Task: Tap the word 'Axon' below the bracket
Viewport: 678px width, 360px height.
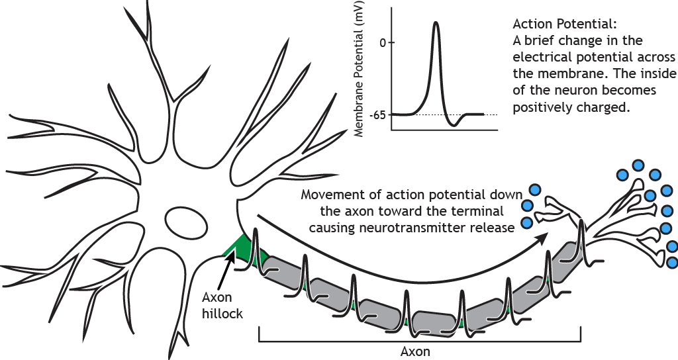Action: pos(416,351)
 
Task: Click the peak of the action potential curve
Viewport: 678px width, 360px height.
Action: pos(436,23)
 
